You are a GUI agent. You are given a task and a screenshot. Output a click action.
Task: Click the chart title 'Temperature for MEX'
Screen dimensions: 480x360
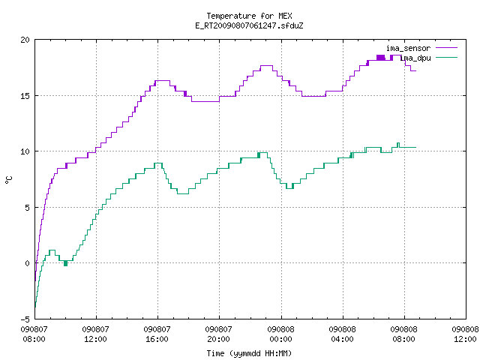[249, 16]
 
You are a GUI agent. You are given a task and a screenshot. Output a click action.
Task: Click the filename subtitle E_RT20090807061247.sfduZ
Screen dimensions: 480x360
[249, 25]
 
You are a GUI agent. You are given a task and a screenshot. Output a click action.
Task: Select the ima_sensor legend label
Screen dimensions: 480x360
[408, 48]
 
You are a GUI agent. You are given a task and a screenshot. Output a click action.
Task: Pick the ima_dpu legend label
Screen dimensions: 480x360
[415, 58]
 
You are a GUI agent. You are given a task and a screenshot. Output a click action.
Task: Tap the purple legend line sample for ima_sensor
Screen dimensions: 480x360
[447, 48]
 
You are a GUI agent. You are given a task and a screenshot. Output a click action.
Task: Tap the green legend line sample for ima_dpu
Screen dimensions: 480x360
[447, 57]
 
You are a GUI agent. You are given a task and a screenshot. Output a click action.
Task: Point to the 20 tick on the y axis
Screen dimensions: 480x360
[25, 40]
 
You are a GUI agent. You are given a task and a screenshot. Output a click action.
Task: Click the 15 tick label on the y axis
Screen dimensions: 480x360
[25, 96]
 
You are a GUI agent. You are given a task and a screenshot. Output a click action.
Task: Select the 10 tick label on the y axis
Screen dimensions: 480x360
[25, 151]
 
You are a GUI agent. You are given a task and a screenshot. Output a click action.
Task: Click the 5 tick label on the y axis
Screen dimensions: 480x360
[27, 208]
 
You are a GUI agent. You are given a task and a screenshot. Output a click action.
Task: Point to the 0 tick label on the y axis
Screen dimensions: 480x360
[27, 263]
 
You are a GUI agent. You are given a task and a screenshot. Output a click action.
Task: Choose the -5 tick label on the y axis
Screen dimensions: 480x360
[25, 319]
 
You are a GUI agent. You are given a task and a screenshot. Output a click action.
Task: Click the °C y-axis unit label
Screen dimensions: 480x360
[8, 180]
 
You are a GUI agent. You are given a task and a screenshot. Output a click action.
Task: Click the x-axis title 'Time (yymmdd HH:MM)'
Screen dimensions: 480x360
[249, 353]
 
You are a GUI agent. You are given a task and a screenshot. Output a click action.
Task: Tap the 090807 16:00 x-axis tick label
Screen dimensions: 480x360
[157, 334]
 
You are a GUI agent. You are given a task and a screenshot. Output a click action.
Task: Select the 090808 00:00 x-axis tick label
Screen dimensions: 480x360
[280, 334]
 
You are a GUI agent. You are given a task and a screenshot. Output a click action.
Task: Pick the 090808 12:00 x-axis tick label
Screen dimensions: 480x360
[465, 334]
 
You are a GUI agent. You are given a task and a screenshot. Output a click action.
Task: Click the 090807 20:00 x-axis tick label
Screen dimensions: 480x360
[218, 334]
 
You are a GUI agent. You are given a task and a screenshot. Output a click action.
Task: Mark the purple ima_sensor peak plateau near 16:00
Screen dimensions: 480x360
[162, 81]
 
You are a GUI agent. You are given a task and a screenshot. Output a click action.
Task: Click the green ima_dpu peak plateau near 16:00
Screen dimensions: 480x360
[158, 163]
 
